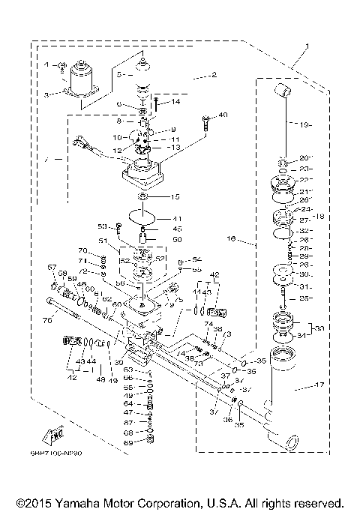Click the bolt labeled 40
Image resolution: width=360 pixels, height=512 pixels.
(204, 118)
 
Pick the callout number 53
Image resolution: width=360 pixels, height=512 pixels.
(103, 225)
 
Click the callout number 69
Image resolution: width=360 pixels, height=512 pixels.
(129, 443)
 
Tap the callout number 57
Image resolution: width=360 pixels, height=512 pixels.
(52, 268)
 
